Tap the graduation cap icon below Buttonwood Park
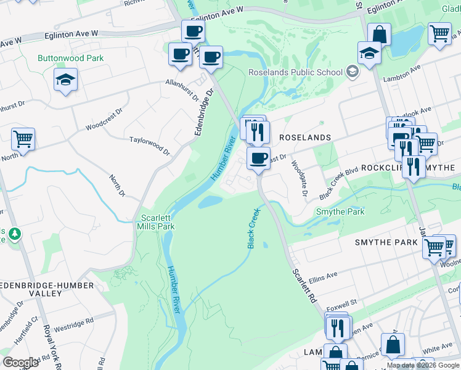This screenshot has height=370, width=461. [x=65, y=80]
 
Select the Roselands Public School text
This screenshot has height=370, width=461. [x=295, y=72]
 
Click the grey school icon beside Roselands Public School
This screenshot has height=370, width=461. [x=352, y=72]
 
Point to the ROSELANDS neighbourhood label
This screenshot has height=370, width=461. [x=306, y=138]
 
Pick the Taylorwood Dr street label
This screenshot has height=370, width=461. [x=149, y=144]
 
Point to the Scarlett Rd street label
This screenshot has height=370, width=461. [x=303, y=284]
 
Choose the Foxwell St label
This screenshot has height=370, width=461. [x=343, y=303]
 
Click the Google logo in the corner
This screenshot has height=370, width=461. [x=20, y=363]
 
